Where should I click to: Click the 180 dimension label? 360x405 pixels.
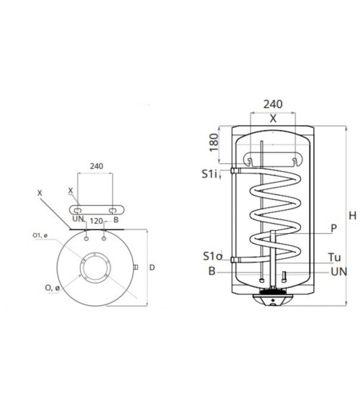coord(214,142)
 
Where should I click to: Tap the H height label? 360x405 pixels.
coord(353,216)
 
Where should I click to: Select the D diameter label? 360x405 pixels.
coord(152,268)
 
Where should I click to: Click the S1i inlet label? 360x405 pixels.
coord(209,174)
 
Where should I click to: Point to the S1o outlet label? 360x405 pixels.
coord(212,256)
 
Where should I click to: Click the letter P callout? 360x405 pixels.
coord(334,228)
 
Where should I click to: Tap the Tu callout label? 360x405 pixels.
coord(334,258)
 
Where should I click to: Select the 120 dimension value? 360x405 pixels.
coord(96,221)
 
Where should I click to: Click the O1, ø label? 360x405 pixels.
coord(40,235)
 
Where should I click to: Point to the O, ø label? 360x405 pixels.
coord(53,288)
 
